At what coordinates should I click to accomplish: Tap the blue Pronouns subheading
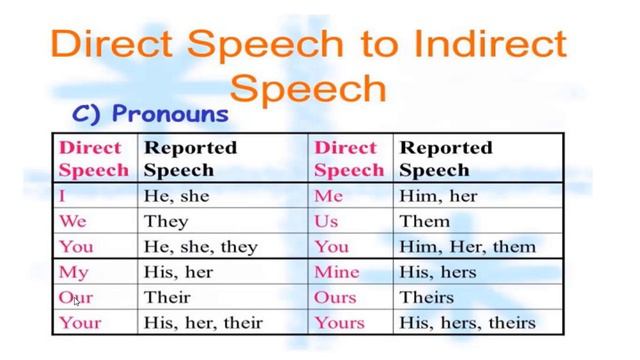(x=151, y=113)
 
